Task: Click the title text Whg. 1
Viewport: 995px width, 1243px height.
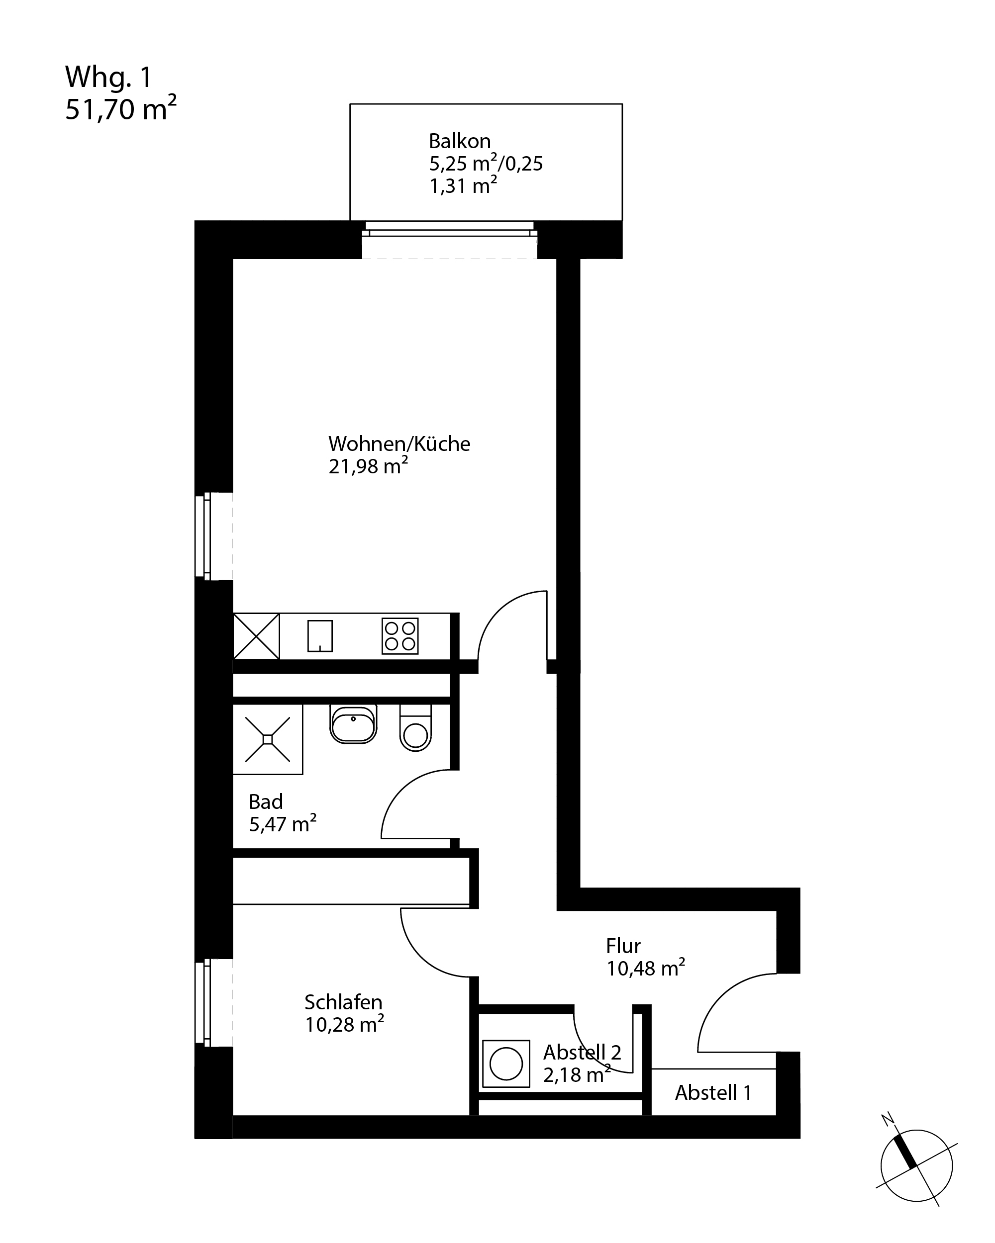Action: pyautogui.click(x=108, y=77)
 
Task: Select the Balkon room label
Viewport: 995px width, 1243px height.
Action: pyautogui.click(x=460, y=141)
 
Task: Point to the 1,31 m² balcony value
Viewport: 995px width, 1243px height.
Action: pyautogui.click(x=463, y=185)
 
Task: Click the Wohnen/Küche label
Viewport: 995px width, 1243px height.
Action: pyautogui.click(x=399, y=444)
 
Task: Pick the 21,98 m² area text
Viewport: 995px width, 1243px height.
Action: pyautogui.click(x=368, y=465)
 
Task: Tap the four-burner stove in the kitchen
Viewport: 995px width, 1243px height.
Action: pyautogui.click(x=399, y=636)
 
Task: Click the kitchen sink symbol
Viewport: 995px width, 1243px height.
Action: pyautogui.click(x=320, y=635)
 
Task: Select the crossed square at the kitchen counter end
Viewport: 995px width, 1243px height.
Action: pyautogui.click(x=257, y=636)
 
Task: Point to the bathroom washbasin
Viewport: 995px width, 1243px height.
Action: pyautogui.click(x=353, y=724)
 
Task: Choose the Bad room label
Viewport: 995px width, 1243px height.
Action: pyautogui.click(x=266, y=801)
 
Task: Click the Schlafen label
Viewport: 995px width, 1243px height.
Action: pyautogui.click(x=343, y=1002)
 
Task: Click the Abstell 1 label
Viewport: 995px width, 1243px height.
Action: pyautogui.click(x=713, y=1092)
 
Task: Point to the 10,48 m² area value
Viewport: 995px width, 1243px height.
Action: pyautogui.click(x=645, y=968)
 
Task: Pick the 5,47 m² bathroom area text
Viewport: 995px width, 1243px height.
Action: pyautogui.click(x=283, y=823)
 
